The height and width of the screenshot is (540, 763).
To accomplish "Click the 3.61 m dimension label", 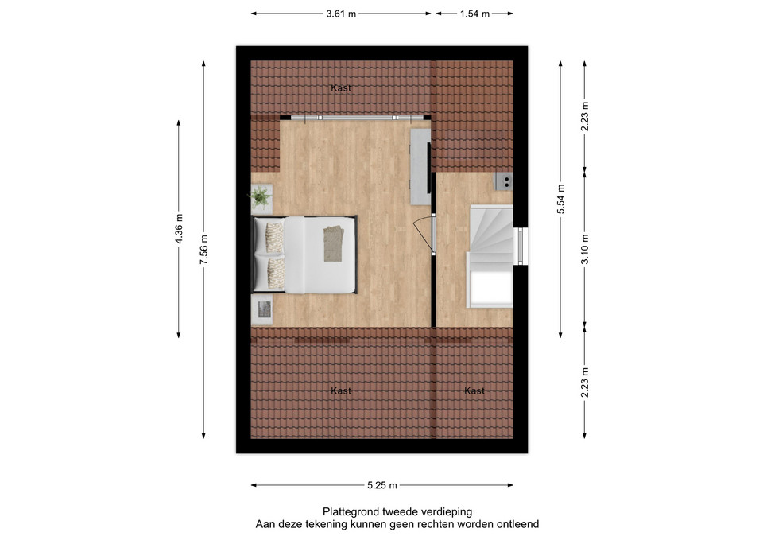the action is [341, 14].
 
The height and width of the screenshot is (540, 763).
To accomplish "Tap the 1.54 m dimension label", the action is [474, 14].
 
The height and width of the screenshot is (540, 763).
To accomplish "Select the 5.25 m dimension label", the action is [382, 485].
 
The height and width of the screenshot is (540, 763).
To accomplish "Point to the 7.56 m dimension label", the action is [203, 250].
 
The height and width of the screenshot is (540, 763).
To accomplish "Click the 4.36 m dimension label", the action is [179, 229].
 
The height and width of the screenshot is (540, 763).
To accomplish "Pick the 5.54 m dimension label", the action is [560, 199].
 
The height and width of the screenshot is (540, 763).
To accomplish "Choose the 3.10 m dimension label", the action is [585, 249].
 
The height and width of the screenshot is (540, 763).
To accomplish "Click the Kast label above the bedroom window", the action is [341, 88].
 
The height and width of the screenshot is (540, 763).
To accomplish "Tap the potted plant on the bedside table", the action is [261, 197].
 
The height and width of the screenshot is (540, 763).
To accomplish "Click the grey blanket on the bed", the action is [333, 243].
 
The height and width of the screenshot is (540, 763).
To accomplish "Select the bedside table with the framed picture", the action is [261, 310].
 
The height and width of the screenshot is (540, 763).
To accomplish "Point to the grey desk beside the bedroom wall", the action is [420, 166].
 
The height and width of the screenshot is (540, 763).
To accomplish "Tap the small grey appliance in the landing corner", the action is [504, 181].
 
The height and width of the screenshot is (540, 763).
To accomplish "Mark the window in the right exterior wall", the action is [520, 246].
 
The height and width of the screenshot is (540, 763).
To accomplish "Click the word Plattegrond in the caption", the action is [351, 511].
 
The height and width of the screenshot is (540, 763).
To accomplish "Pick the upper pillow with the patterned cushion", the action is [274, 237].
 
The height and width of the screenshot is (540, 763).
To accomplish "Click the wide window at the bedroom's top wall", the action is [357, 118].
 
